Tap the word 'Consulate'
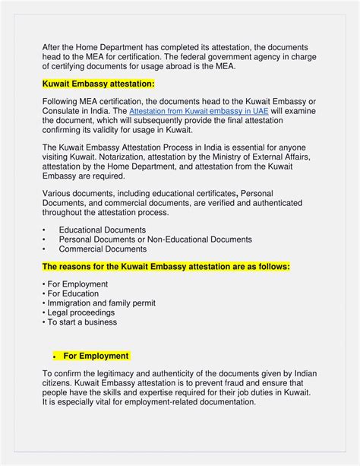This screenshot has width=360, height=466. (x=63, y=111)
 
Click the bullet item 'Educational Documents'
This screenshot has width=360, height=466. (x=103, y=230)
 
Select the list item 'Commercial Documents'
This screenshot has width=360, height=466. (x=103, y=249)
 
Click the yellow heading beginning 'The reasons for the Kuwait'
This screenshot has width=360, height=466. (x=166, y=267)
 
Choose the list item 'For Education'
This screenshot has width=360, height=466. (x=71, y=293)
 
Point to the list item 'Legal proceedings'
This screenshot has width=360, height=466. (x=78, y=312)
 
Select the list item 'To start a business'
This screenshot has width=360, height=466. (x=80, y=322)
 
